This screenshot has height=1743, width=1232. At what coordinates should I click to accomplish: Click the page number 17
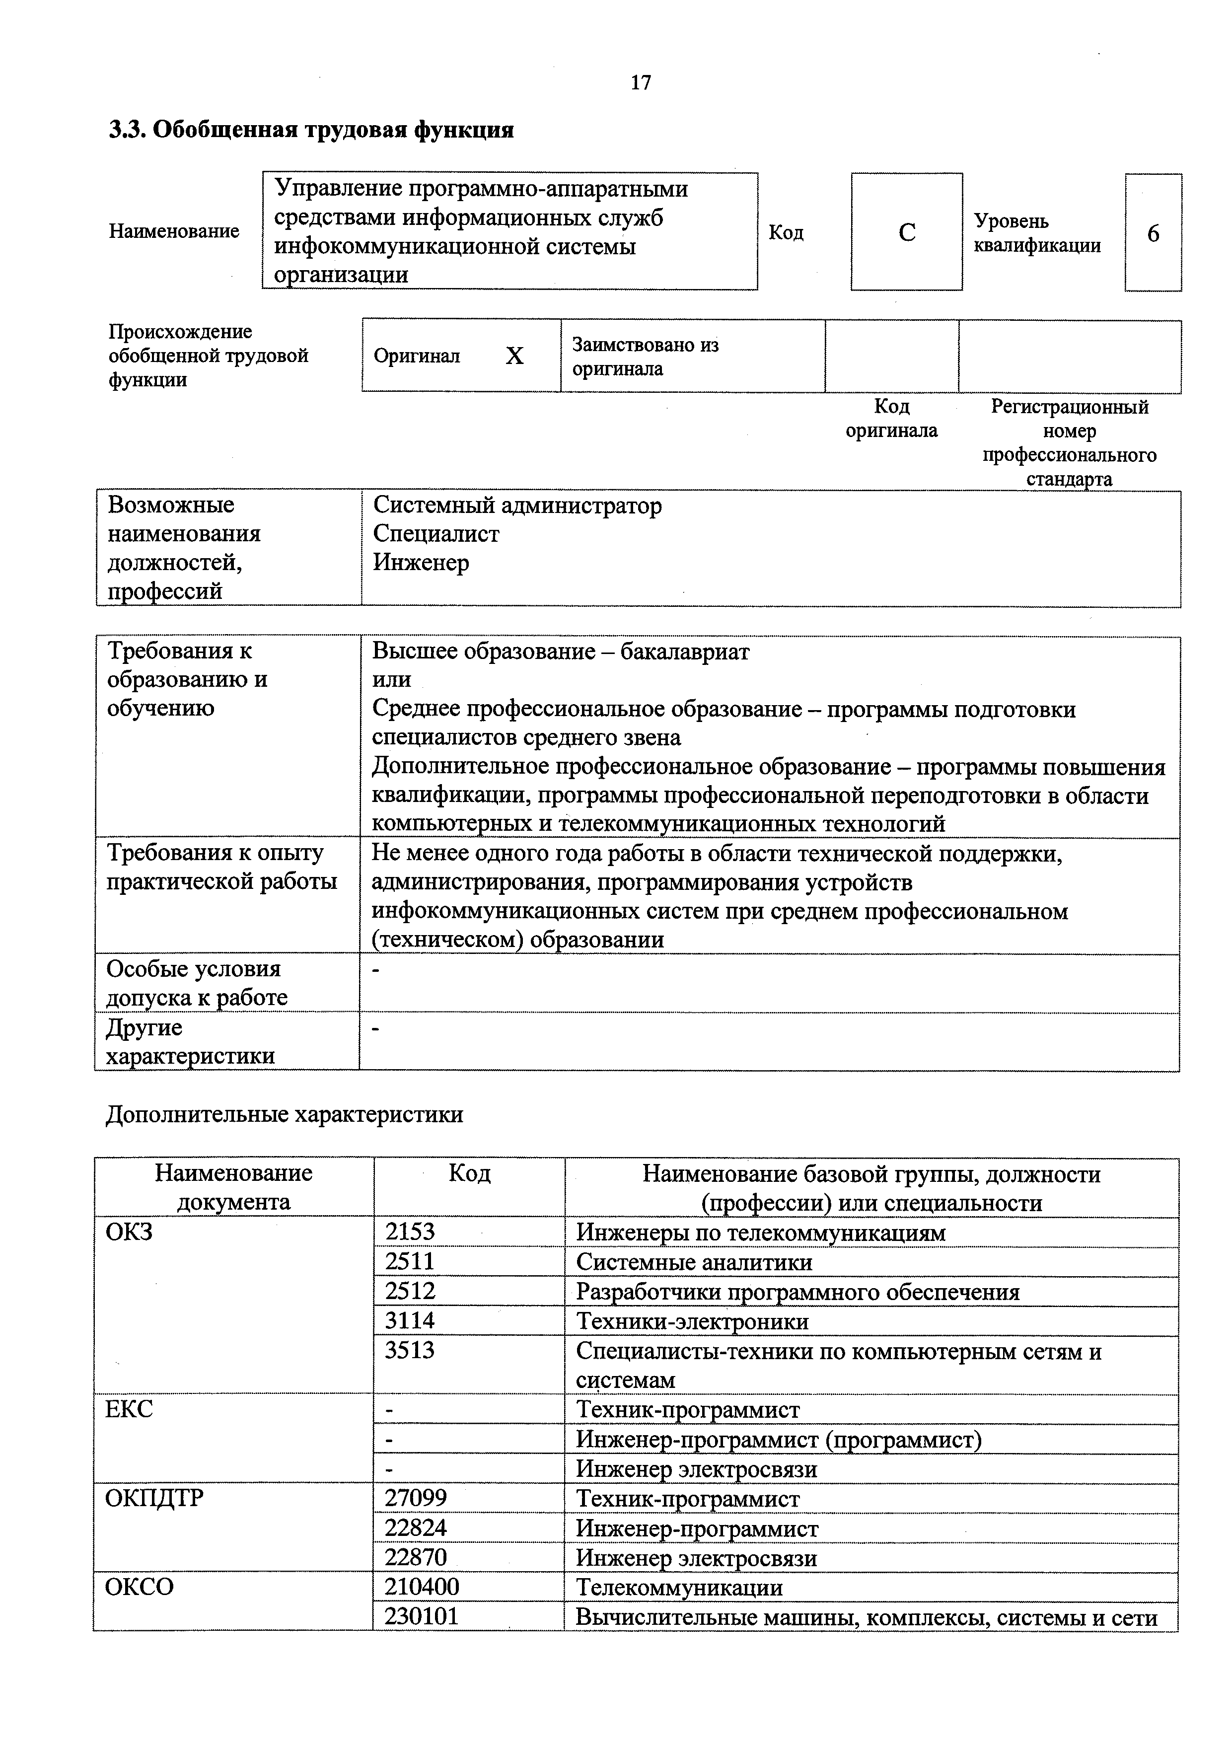tap(641, 82)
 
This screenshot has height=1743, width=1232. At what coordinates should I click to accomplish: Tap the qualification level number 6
tap(1152, 233)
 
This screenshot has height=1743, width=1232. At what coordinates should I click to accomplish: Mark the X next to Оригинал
tap(514, 356)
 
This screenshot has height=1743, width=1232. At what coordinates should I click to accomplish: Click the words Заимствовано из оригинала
tap(645, 357)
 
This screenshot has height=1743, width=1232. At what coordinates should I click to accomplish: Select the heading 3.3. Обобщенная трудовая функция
tap(312, 130)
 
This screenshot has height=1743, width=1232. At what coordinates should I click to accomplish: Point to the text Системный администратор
tap(517, 505)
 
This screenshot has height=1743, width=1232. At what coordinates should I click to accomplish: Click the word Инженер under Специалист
tap(421, 563)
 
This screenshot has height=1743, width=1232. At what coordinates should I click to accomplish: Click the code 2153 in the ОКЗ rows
tap(410, 1232)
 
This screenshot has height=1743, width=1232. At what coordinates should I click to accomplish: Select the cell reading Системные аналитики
tap(694, 1262)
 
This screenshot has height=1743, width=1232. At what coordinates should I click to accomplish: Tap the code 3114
tap(410, 1321)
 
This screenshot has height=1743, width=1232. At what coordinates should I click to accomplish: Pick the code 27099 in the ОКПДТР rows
tap(416, 1499)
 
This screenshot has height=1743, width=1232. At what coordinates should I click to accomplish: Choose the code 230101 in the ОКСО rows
tap(422, 1616)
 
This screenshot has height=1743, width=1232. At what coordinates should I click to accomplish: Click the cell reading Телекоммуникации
tap(679, 1588)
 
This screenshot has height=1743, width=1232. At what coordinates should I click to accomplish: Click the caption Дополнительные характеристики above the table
tap(284, 1114)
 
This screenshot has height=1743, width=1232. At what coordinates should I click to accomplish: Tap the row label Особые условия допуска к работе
tap(197, 982)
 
